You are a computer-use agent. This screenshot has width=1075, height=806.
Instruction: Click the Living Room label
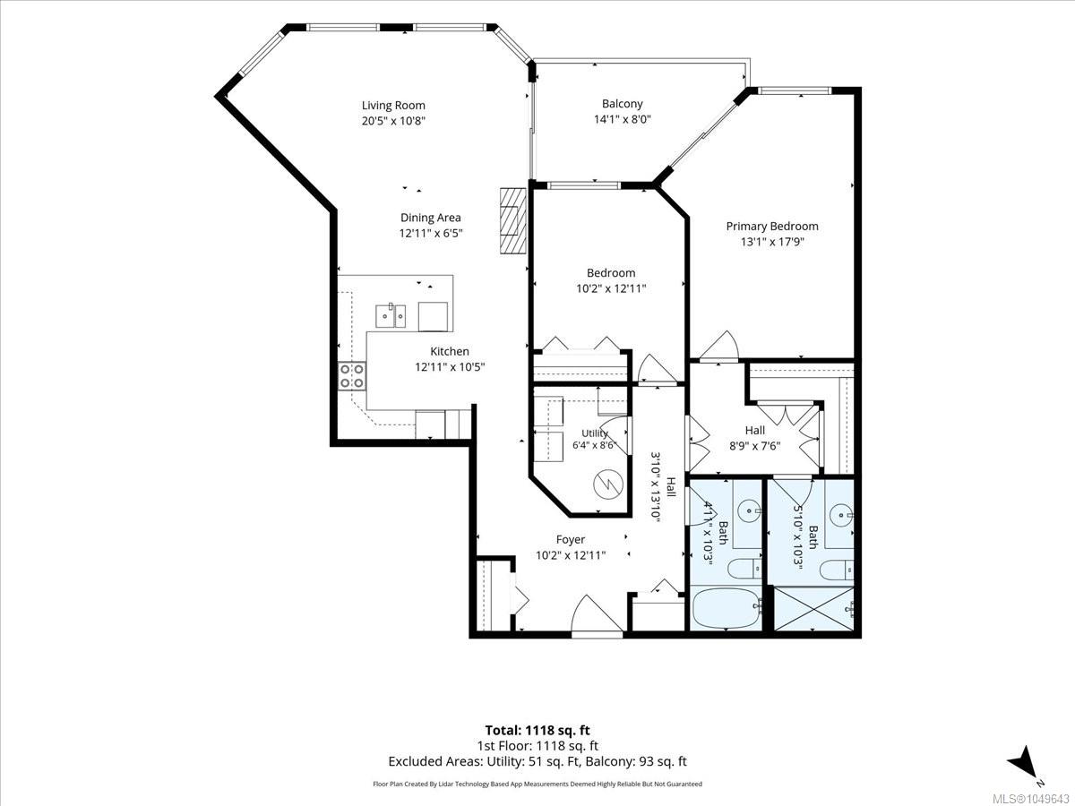click(393, 105)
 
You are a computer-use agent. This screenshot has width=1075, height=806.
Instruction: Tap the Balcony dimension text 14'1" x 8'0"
click(622, 119)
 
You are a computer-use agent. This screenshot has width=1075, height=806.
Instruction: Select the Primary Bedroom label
click(772, 226)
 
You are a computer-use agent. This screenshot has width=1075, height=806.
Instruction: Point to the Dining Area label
click(431, 218)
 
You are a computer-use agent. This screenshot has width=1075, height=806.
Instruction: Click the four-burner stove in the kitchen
click(352, 376)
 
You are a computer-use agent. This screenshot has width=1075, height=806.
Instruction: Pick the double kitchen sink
click(391, 315)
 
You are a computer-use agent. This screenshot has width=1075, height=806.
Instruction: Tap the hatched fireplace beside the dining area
click(512, 220)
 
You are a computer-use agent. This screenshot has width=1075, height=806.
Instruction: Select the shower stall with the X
click(813, 609)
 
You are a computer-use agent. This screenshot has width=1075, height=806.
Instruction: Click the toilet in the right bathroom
click(837, 570)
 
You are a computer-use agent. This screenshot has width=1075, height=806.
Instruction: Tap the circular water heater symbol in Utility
click(607, 484)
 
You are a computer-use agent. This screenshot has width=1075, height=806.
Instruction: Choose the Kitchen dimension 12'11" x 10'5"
click(450, 367)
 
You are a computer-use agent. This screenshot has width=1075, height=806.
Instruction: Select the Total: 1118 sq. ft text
click(537, 731)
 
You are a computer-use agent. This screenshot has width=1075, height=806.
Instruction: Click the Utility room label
click(595, 433)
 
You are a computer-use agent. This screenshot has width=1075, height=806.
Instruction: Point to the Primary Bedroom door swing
click(718, 347)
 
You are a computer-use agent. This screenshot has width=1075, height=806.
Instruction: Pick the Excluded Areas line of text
click(537, 761)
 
